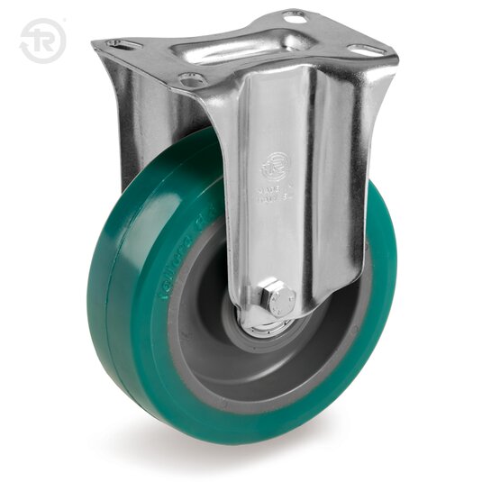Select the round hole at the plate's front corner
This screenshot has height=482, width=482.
coord(191,80)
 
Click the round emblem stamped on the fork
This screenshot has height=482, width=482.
coord(276,165)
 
